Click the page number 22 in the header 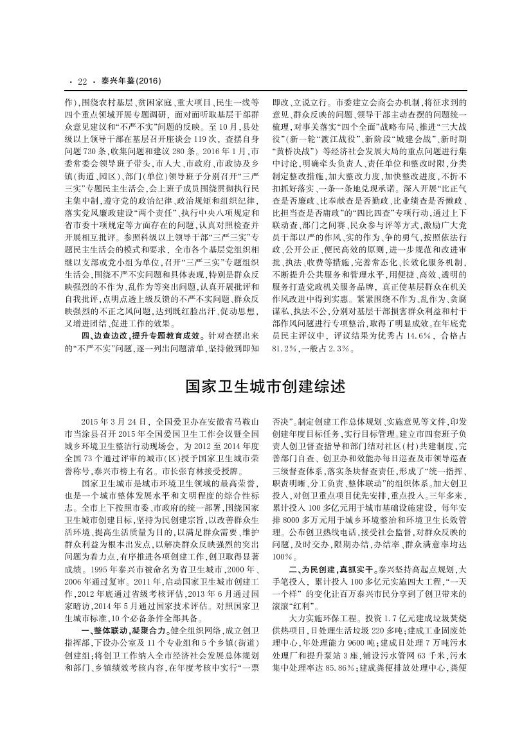[82, 82]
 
